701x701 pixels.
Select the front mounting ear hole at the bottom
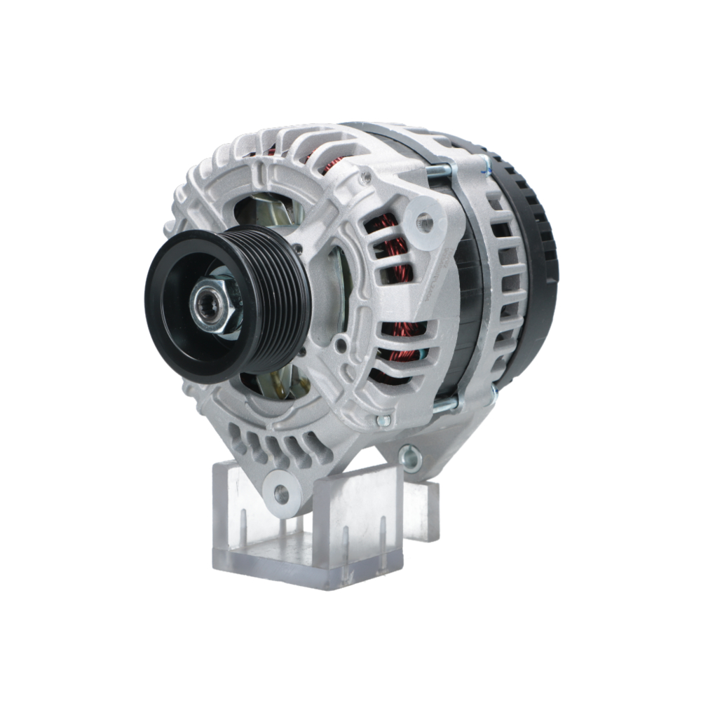point(282,494)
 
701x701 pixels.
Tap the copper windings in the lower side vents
point(403,343)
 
